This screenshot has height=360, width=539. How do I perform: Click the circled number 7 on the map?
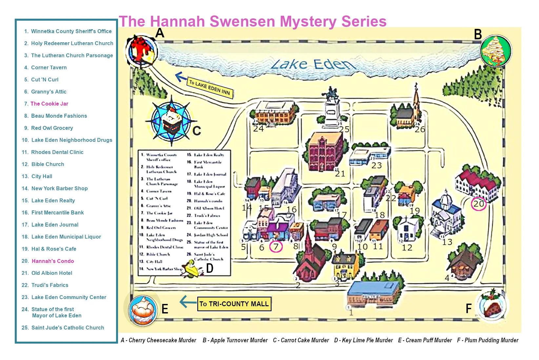pos(276,247)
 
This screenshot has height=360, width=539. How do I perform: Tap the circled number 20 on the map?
pos(478,204)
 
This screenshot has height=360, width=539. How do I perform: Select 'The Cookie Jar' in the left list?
pos(49,104)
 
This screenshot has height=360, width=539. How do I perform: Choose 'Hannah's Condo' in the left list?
pos(53,261)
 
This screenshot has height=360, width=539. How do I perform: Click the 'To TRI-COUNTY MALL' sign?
pos(234,304)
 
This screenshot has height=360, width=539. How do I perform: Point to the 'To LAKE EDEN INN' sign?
pos(210,88)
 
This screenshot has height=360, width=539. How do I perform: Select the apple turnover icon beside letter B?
pos(495,51)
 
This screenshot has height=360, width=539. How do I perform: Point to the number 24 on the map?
pos(258,129)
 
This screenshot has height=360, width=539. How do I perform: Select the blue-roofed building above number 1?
pos(373,292)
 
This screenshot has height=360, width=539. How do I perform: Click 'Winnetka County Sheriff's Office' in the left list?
pos(71,31)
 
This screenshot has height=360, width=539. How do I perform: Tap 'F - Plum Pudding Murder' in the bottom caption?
pos(488,340)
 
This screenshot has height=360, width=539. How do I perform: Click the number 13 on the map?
pos(447,242)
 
